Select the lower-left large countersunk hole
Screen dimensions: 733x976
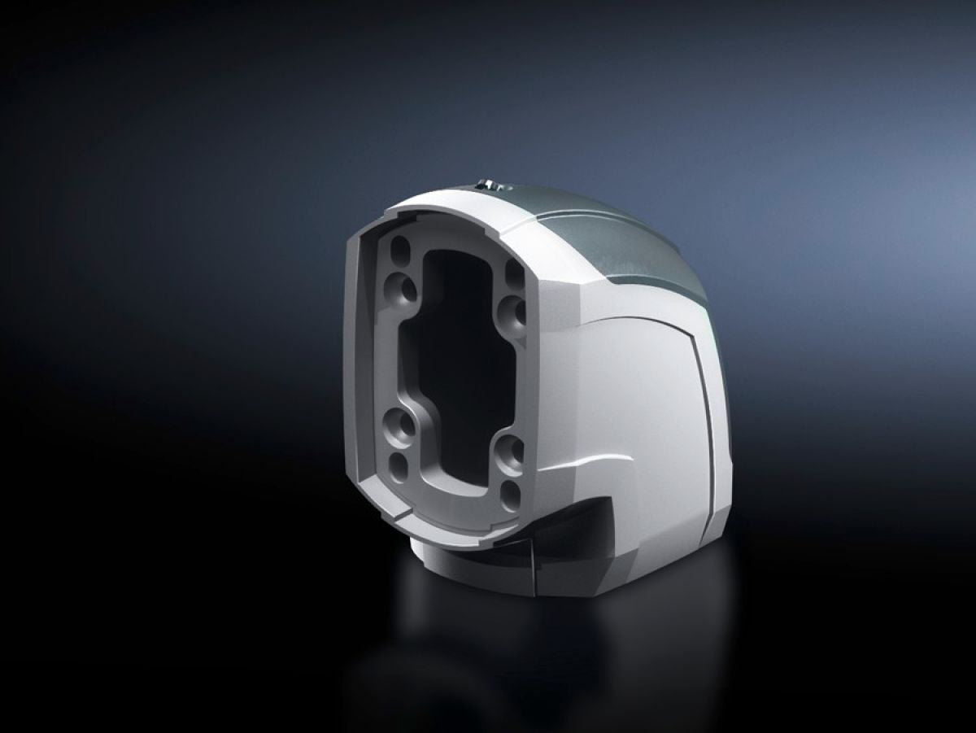pyautogui.click(x=399, y=424)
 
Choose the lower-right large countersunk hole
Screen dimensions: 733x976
pyautogui.click(x=510, y=450)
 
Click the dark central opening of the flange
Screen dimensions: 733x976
pyautogui.click(x=456, y=350)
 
